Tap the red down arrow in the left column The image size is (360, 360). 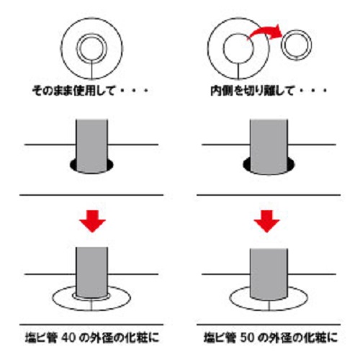point(93,221)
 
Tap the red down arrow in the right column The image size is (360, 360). point(266,221)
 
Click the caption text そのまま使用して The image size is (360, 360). point(73,91)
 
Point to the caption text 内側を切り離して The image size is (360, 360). point(253,91)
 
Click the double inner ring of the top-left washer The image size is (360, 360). point(77,48)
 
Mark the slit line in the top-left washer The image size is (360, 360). point(91,70)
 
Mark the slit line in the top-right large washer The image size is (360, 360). point(238,71)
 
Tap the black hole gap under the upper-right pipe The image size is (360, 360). point(247,166)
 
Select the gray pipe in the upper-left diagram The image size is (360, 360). point(91,146)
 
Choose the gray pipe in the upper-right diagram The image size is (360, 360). point(269,146)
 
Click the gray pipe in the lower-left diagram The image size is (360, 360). point(91,272)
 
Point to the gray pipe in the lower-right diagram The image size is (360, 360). point(269,274)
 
